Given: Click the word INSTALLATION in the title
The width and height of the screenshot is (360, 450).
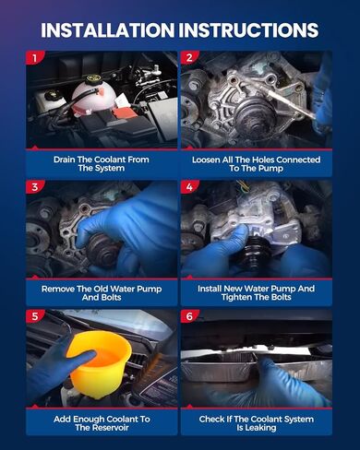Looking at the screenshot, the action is click(x=107, y=30).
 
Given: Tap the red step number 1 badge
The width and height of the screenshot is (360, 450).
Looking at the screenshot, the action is click(x=34, y=57).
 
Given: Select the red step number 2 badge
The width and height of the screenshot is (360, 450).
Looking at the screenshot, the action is click(x=189, y=57).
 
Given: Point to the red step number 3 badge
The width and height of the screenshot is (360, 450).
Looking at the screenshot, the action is click(x=34, y=187).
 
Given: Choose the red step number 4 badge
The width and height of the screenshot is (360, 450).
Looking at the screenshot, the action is click(x=189, y=187).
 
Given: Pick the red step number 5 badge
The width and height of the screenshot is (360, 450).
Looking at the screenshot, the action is click(x=34, y=316).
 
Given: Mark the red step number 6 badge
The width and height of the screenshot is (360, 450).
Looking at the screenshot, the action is click(x=189, y=316).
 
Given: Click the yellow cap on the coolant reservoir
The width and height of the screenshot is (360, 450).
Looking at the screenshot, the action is click(x=91, y=79).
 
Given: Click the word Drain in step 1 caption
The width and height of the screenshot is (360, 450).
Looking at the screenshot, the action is click(x=65, y=160).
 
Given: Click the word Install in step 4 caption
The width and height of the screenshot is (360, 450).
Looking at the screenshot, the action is click(x=210, y=289).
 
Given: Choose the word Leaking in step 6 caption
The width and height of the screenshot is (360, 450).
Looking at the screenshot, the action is click(x=260, y=428).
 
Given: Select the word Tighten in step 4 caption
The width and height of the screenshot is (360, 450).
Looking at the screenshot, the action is click(x=235, y=297).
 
